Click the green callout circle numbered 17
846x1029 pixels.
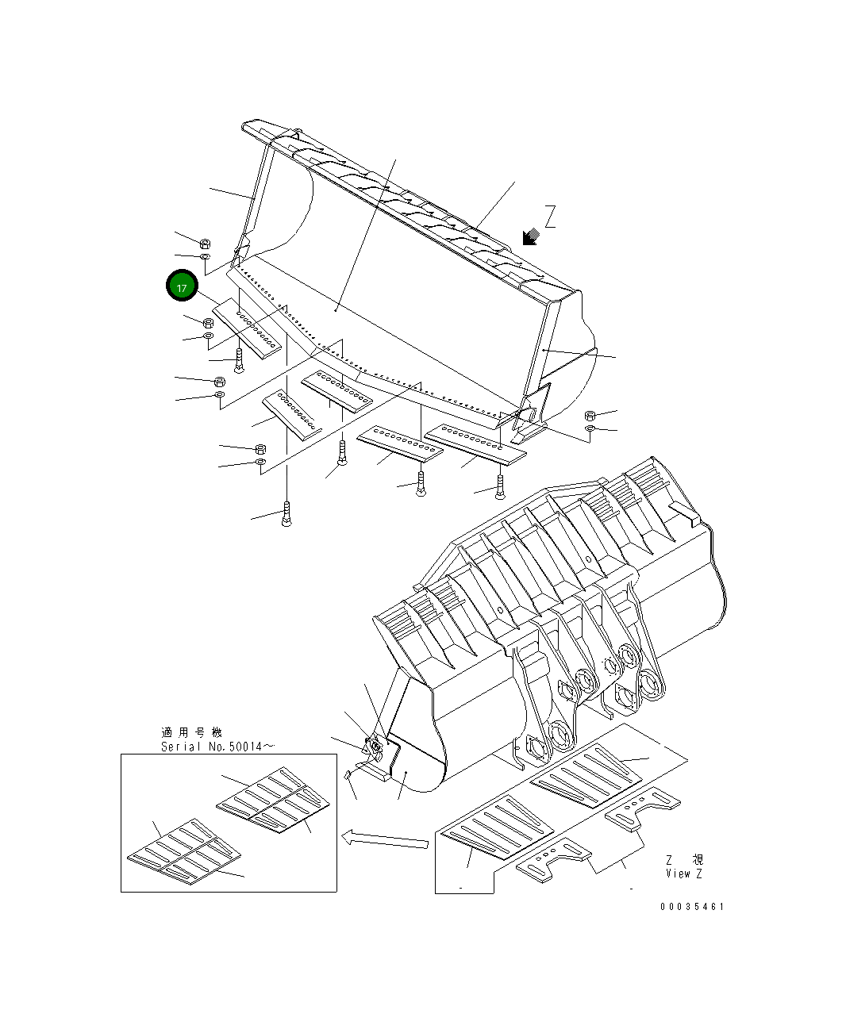182,286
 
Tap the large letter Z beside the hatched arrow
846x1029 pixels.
549,217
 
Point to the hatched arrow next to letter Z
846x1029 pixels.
530,236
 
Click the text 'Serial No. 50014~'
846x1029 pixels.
218,747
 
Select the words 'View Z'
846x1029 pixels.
684,873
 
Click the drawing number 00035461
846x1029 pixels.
691,906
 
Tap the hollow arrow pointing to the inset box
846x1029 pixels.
385,838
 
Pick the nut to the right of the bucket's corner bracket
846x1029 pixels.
590,415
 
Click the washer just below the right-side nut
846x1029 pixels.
590,429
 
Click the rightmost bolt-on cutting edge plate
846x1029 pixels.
475,442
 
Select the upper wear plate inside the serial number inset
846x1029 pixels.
273,801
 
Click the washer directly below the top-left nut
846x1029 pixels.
204,257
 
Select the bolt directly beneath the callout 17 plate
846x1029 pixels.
239,360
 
